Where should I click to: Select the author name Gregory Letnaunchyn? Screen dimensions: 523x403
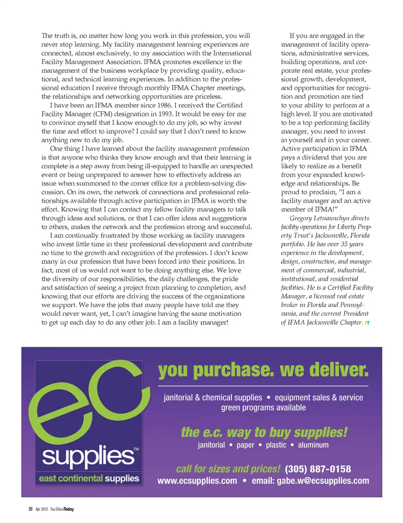pyautogui.click(x=320, y=218)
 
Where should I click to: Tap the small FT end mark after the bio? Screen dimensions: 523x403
pyautogui.click(x=367, y=323)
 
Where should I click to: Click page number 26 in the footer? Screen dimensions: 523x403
pyautogui.click(x=30, y=509)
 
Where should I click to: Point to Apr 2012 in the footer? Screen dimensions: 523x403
pyautogui.click(x=42, y=509)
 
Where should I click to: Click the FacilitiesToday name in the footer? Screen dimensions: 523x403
pyautogui.click(x=62, y=509)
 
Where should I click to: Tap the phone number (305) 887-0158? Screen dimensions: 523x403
pyautogui.click(x=318, y=469)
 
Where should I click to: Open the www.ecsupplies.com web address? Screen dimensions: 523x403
pyautogui.click(x=197, y=481)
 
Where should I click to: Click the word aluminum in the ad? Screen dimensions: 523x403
pyautogui.click(x=313, y=445)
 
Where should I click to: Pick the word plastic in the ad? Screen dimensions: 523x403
pyautogui.click(x=276, y=445)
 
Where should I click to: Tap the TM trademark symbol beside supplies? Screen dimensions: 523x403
pyautogui.click(x=136, y=449)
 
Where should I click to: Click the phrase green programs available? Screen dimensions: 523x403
pyautogui.click(x=263, y=407)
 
